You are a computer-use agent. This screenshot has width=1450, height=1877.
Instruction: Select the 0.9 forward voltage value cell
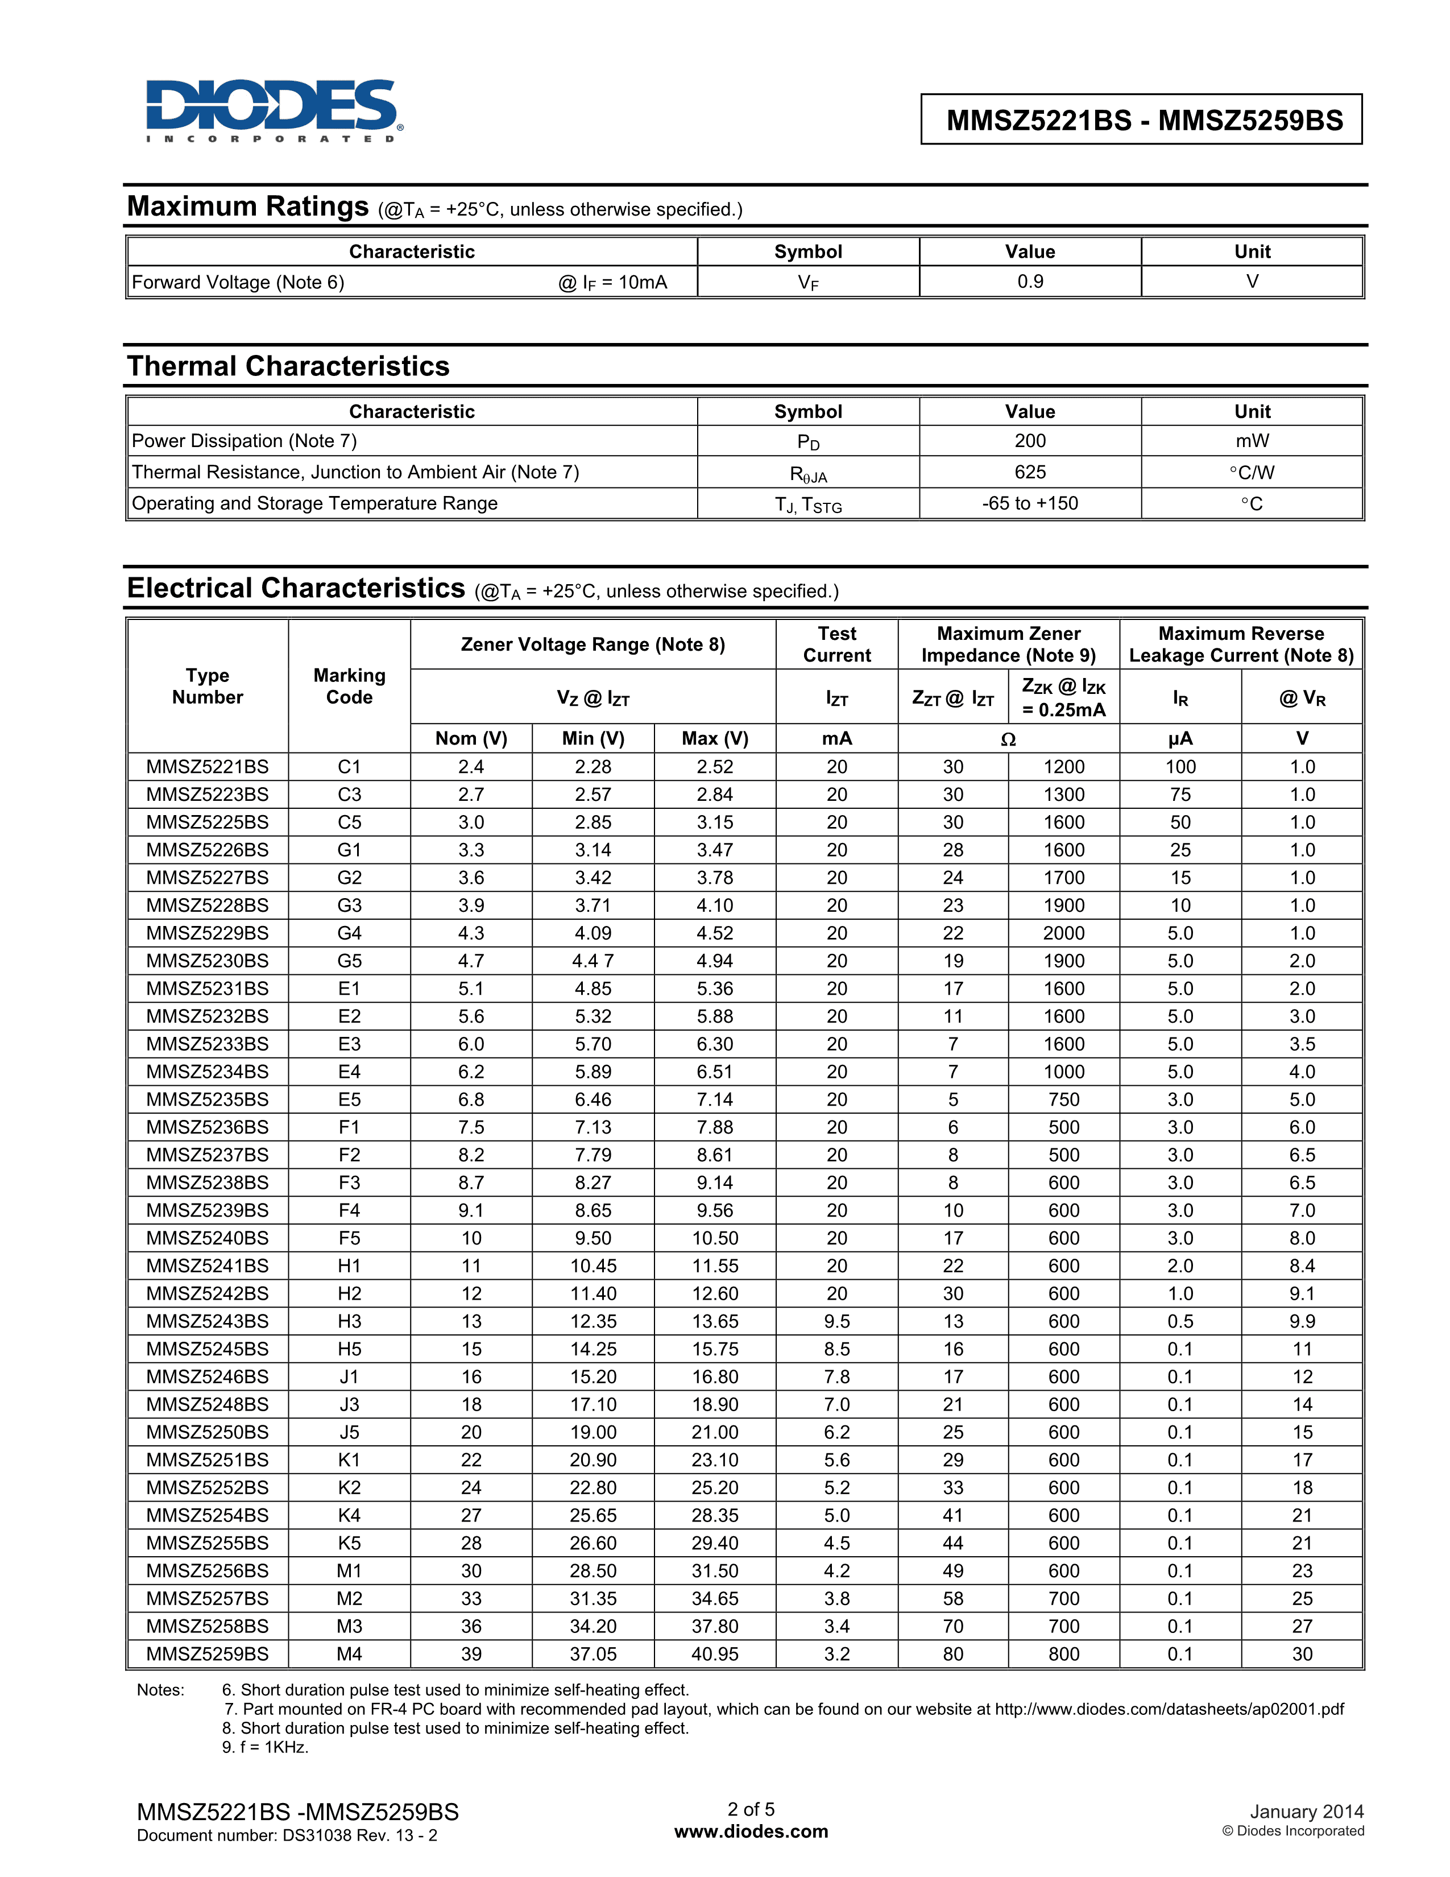1030,282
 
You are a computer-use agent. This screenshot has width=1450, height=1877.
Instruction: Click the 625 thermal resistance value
1030,472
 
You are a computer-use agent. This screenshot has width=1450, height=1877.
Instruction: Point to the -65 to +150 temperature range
1030,503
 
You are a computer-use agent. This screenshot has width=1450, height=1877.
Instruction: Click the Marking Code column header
349,686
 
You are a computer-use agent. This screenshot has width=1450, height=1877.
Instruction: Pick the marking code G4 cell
349,933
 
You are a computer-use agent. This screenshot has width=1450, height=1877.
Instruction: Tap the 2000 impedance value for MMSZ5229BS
1063,933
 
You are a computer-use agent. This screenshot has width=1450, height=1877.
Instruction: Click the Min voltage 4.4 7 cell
593,961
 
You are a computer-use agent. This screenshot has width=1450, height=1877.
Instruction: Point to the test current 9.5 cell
836,1321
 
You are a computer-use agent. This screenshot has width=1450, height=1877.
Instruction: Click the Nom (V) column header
471,738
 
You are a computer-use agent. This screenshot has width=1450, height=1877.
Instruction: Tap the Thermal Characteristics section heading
288,366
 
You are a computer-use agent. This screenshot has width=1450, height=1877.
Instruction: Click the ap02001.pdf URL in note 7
1169,1709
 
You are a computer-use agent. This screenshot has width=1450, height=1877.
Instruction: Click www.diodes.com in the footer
751,1831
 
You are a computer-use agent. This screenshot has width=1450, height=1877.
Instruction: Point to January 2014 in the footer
1306,1812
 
